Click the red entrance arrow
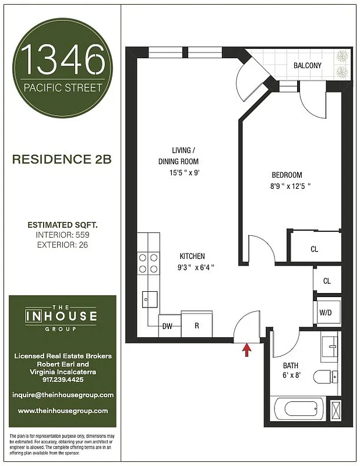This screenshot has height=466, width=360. click(x=246, y=349)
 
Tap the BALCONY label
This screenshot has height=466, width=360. click(x=307, y=66)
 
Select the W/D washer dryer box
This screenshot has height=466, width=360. click(x=325, y=312)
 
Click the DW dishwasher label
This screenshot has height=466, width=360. click(x=167, y=326)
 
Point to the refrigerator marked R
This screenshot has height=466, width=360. click(x=197, y=326)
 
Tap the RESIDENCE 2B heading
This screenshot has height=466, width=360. click(x=62, y=158)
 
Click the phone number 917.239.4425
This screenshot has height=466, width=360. click(x=62, y=379)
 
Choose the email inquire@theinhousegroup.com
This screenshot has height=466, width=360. click(x=62, y=394)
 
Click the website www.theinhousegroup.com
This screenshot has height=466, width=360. click(x=62, y=411)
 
